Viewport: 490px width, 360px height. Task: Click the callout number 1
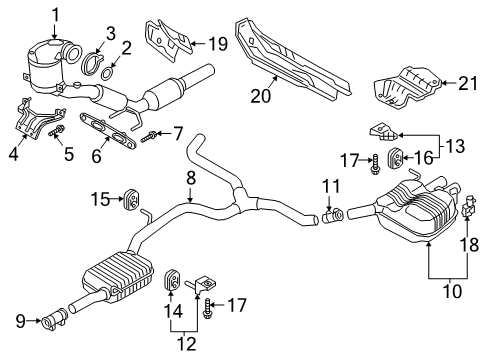coord(56,16)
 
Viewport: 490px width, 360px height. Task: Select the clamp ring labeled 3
coord(91,64)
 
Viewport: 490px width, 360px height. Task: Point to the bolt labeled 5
coord(57,131)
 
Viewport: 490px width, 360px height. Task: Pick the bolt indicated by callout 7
coord(149,137)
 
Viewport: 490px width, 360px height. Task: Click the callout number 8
coord(191,178)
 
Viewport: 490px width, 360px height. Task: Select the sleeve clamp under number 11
coord(333,215)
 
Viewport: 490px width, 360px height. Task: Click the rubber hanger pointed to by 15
coord(132,200)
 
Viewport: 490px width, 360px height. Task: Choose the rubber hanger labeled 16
coord(396,157)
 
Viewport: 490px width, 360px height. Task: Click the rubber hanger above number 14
coord(173,279)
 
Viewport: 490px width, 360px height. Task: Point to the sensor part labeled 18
coord(468,206)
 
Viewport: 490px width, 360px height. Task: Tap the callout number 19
coord(218,44)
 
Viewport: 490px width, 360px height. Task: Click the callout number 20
coord(261,96)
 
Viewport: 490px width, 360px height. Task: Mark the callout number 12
coord(187,343)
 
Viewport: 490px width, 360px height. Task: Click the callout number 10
coord(452,291)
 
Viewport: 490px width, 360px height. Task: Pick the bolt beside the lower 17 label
coord(206,309)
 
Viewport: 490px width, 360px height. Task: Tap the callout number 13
coord(455,146)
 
